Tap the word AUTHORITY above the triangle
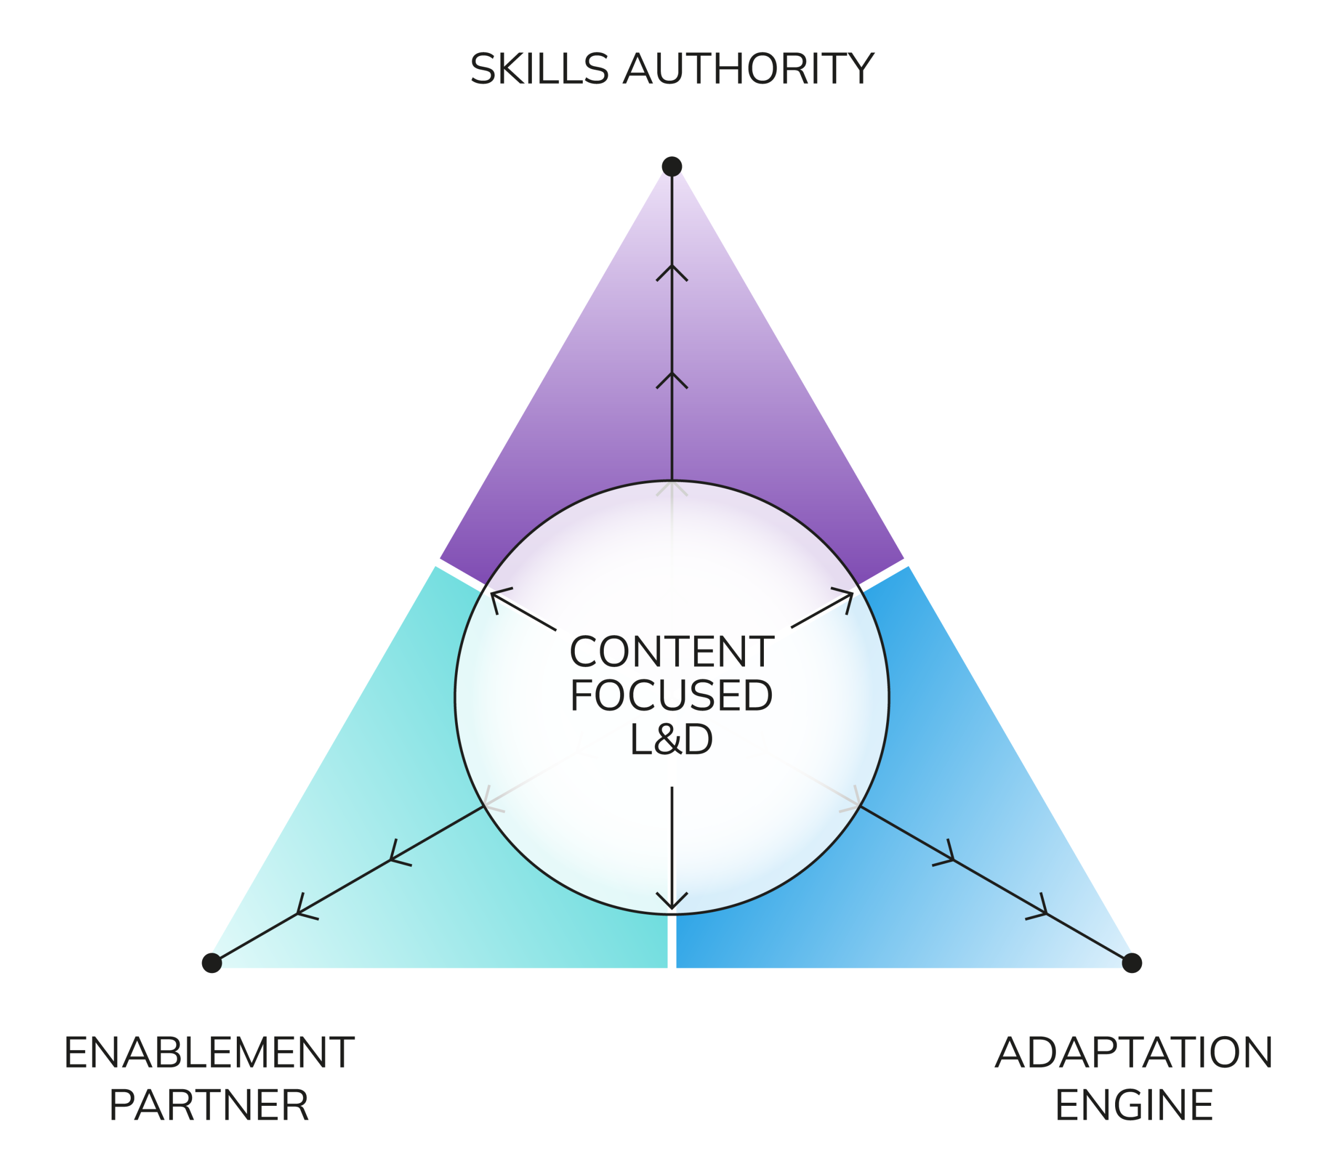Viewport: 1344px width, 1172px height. pos(748,69)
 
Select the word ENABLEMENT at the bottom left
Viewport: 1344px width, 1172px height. pos(209,1052)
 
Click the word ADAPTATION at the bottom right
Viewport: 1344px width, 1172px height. pos(1134,1052)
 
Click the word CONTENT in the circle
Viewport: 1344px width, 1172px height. pos(671,652)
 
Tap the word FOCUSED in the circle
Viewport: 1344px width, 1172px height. pos(671,695)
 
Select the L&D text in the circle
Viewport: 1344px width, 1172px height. pos(671,740)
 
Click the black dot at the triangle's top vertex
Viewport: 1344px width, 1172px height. pos(672,166)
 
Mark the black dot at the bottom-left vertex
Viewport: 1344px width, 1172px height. pos(212,963)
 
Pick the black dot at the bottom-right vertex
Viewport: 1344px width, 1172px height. pos(1132,963)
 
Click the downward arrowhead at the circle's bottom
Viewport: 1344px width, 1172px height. pos(672,901)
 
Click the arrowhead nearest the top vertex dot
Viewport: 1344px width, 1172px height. pos(672,273)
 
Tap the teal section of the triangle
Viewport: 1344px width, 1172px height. pos(393,850)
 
